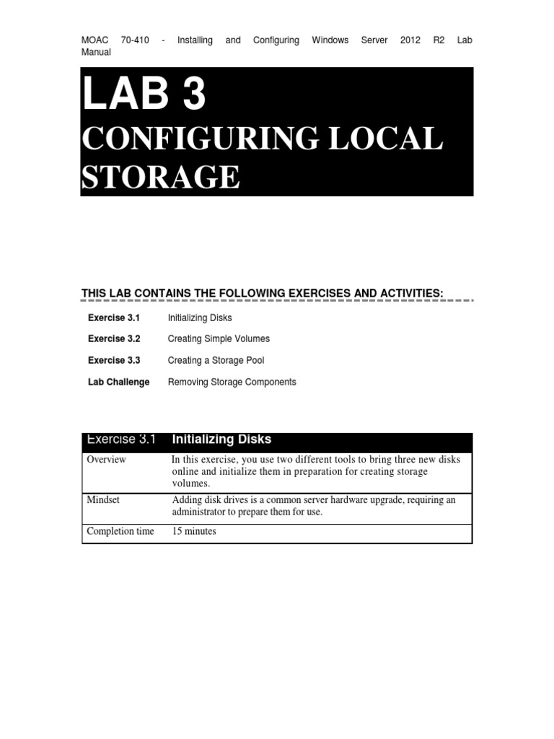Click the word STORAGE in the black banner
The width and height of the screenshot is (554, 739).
click(x=160, y=177)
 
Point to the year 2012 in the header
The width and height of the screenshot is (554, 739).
click(x=410, y=40)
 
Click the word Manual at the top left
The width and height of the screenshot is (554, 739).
click(x=96, y=52)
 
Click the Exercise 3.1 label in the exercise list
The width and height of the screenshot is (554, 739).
click(x=114, y=318)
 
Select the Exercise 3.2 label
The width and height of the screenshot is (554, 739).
click(x=114, y=338)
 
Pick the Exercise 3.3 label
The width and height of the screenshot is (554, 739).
click(x=114, y=360)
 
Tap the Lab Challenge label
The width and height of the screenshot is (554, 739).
click(x=118, y=382)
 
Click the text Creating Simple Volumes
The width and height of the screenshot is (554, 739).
click(x=219, y=338)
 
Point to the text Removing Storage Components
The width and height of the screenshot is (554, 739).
click(x=232, y=382)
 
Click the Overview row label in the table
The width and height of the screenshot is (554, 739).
click(x=106, y=460)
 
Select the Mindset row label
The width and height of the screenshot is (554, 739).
click(x=104, y=500)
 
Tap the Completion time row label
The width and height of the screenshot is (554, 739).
click(x=120, y=531)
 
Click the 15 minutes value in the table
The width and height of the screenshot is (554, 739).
click(x=194, y=531)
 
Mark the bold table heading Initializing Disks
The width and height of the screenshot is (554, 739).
click(x=221, y=440)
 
